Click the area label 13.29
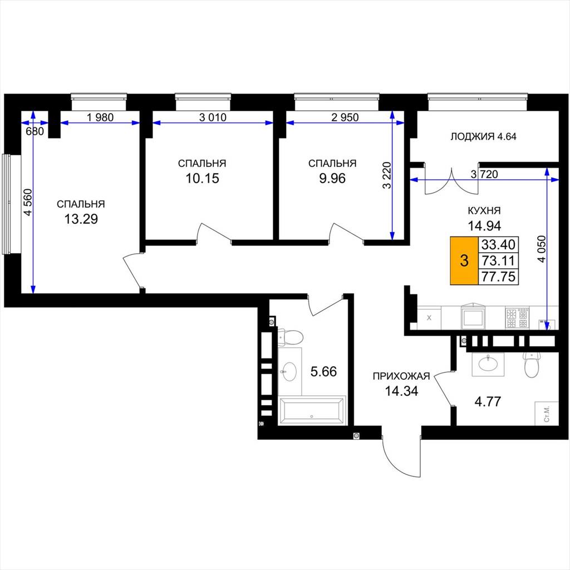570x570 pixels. tap(81, 219)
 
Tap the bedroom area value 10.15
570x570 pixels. tap(203, 179)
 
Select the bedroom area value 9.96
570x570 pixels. tap(332, 179)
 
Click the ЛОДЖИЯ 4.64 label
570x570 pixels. tap(484, 137)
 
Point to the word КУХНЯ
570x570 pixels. tap(484, 210)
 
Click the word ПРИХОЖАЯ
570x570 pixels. tap(401, 376)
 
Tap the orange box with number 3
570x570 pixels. tap(464, 261)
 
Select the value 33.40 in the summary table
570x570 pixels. tap(498, 244)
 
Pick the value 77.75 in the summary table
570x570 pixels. tap(498, 277)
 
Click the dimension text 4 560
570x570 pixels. tap(28, 203)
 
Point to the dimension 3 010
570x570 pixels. tap(213, 117)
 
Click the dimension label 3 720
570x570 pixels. tap(484, 174)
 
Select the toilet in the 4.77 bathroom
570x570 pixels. tap(531, 364)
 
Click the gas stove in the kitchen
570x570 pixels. tap(517, 318)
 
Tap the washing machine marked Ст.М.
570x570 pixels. tap(547, 414)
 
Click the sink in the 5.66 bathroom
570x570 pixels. tap(289, 371)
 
